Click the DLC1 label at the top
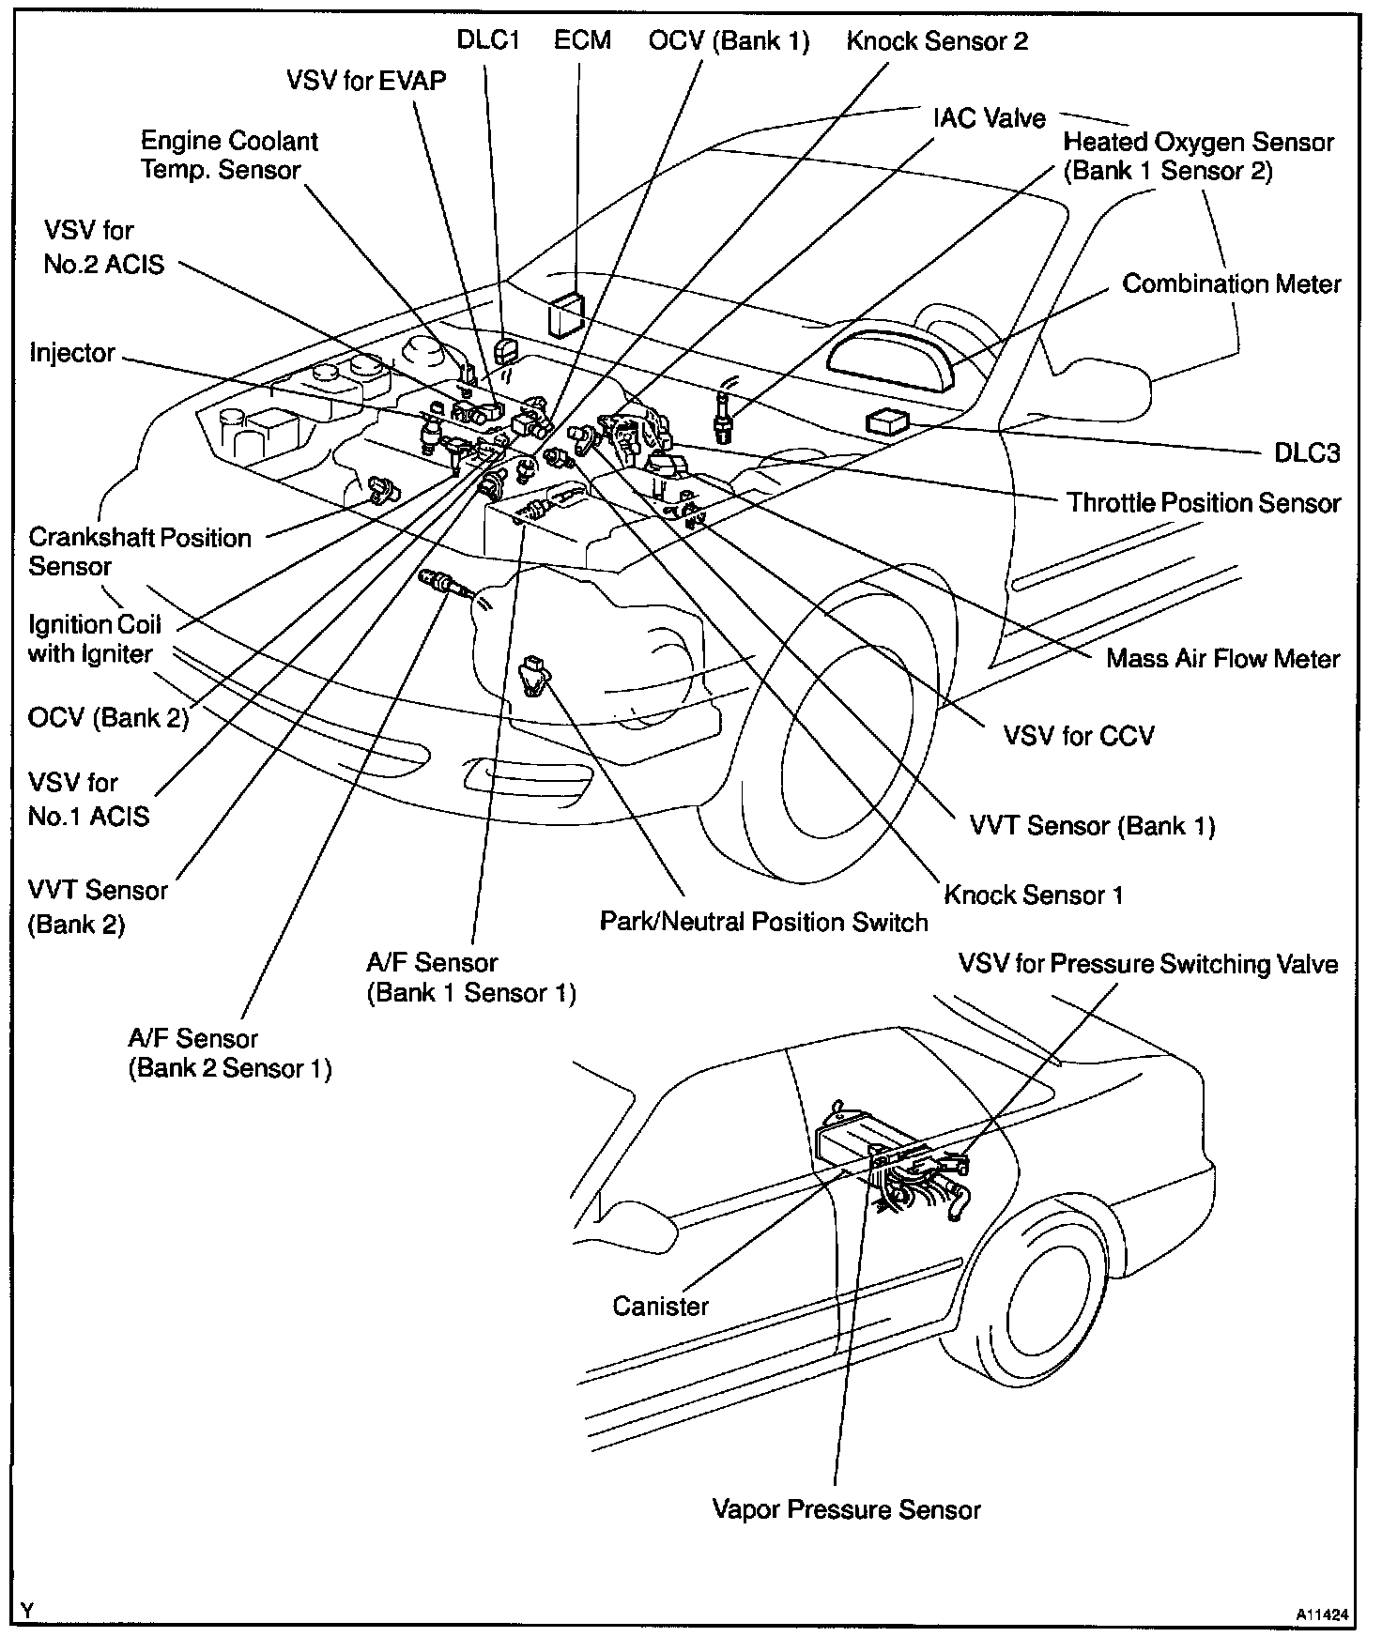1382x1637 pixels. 487,40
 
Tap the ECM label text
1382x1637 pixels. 582,40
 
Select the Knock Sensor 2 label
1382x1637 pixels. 936,40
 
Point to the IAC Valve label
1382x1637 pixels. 989,118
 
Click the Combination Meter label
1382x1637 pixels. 1231,283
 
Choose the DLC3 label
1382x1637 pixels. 1307,453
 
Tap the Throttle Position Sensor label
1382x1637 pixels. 1203,503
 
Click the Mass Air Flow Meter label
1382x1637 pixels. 1222,659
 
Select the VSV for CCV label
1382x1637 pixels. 1079,735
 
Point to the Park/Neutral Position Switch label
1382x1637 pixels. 763,922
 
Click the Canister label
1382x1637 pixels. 660,1306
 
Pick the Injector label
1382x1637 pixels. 72,353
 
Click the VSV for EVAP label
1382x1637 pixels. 366,81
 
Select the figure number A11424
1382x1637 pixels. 1323,1614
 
